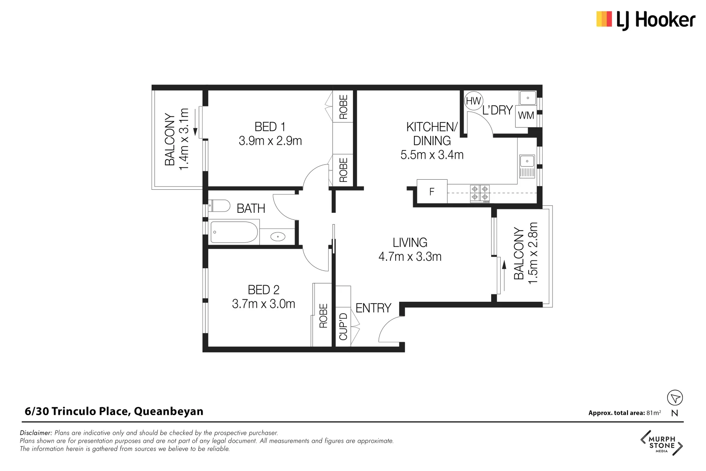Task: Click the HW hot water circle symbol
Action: [473, 101]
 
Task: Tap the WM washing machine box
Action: [526, 116]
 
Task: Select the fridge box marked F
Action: [432, 191]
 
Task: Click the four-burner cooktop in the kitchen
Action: [480, 194]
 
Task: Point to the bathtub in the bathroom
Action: [234, 232]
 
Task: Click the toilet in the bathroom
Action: [220, 205]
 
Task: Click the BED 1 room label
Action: [270, 127]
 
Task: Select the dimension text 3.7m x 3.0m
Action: [263, 304]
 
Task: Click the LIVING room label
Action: [410, 242]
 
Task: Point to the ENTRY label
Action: [373, 308]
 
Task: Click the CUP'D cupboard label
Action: [343, 326]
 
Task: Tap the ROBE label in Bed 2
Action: [323, 316]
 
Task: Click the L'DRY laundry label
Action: [497, 110]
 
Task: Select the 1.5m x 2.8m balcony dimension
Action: [533, 253]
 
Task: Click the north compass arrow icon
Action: [675, 398]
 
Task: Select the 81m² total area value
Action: [654, 413]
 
